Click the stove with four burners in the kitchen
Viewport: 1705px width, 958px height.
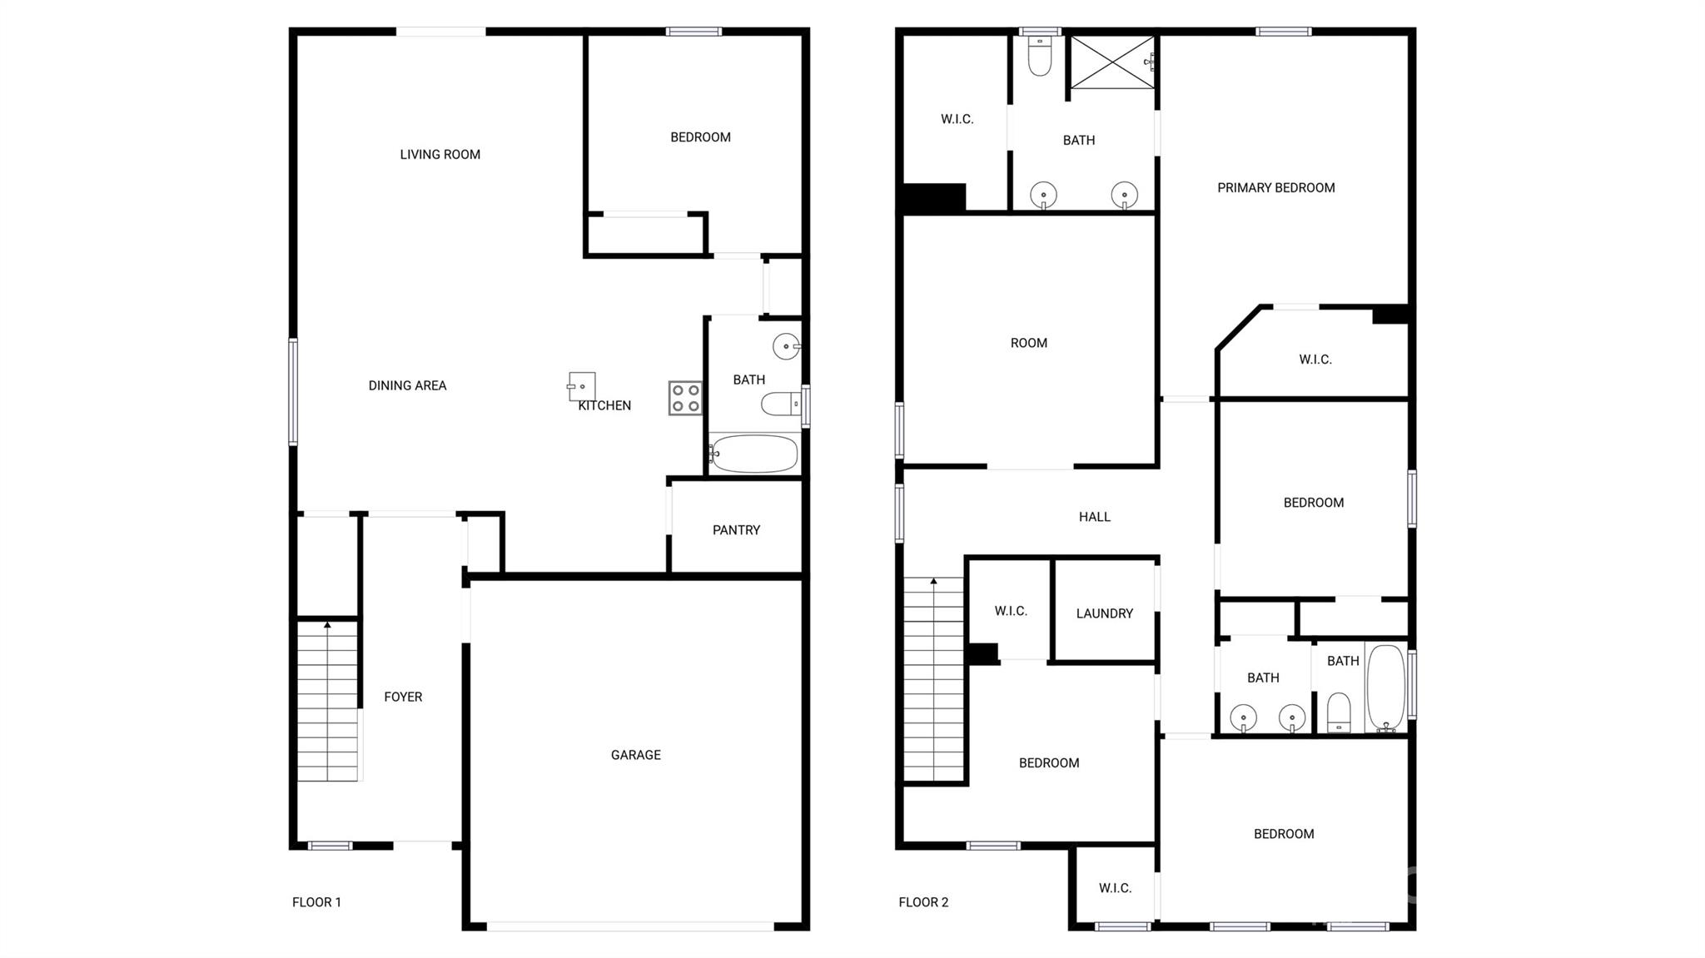coord(685,398)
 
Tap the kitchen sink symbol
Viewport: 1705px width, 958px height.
coord(582,386)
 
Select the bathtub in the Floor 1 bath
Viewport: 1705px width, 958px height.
coord(754,454)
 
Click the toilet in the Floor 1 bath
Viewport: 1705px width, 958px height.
coord(780,405)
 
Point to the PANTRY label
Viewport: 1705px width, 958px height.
coord(736,530)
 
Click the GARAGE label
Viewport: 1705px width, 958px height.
coord(635,755)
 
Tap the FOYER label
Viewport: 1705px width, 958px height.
coord(403,697)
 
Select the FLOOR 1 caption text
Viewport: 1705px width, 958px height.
coord(316,902)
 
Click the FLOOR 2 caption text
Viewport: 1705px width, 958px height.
coord(923,902)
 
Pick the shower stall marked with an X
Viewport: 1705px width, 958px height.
coord(1111,62)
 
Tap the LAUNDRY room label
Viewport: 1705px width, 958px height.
coord(1104,613)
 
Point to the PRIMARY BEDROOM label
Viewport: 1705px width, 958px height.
coord(1275,188)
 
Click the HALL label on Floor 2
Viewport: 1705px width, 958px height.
coord(1094,517)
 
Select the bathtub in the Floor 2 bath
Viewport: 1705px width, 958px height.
coord(1385,687)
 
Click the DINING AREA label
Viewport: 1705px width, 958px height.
coord(407,385)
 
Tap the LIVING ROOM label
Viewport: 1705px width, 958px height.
coord(440,154)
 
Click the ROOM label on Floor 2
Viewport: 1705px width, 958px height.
coord(1028,343)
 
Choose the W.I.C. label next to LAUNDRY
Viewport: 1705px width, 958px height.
coord(1010,611)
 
